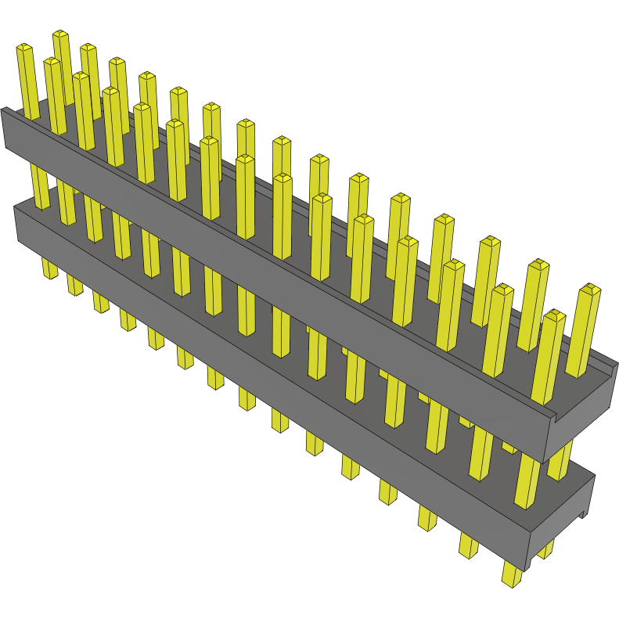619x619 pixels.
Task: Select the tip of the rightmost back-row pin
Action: pyautogui.click(x=590, y=291)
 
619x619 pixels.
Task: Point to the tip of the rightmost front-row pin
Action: pyautogui.click(x=554, y=316)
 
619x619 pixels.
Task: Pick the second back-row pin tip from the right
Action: pyautogui.click(x=538, y=266)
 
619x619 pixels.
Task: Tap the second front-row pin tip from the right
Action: pyautogui.click(x=502, y=291)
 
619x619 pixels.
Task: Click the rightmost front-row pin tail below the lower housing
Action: pyautogui.click(x=512, y=578)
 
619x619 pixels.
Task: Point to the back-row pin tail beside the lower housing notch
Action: pyautogui.click(x=545, y=548)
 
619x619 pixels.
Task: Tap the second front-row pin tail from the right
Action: pyautogui.click(x=469, y=545)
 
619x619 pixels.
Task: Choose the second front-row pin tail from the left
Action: pyautogui.click(x=75, y=286)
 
